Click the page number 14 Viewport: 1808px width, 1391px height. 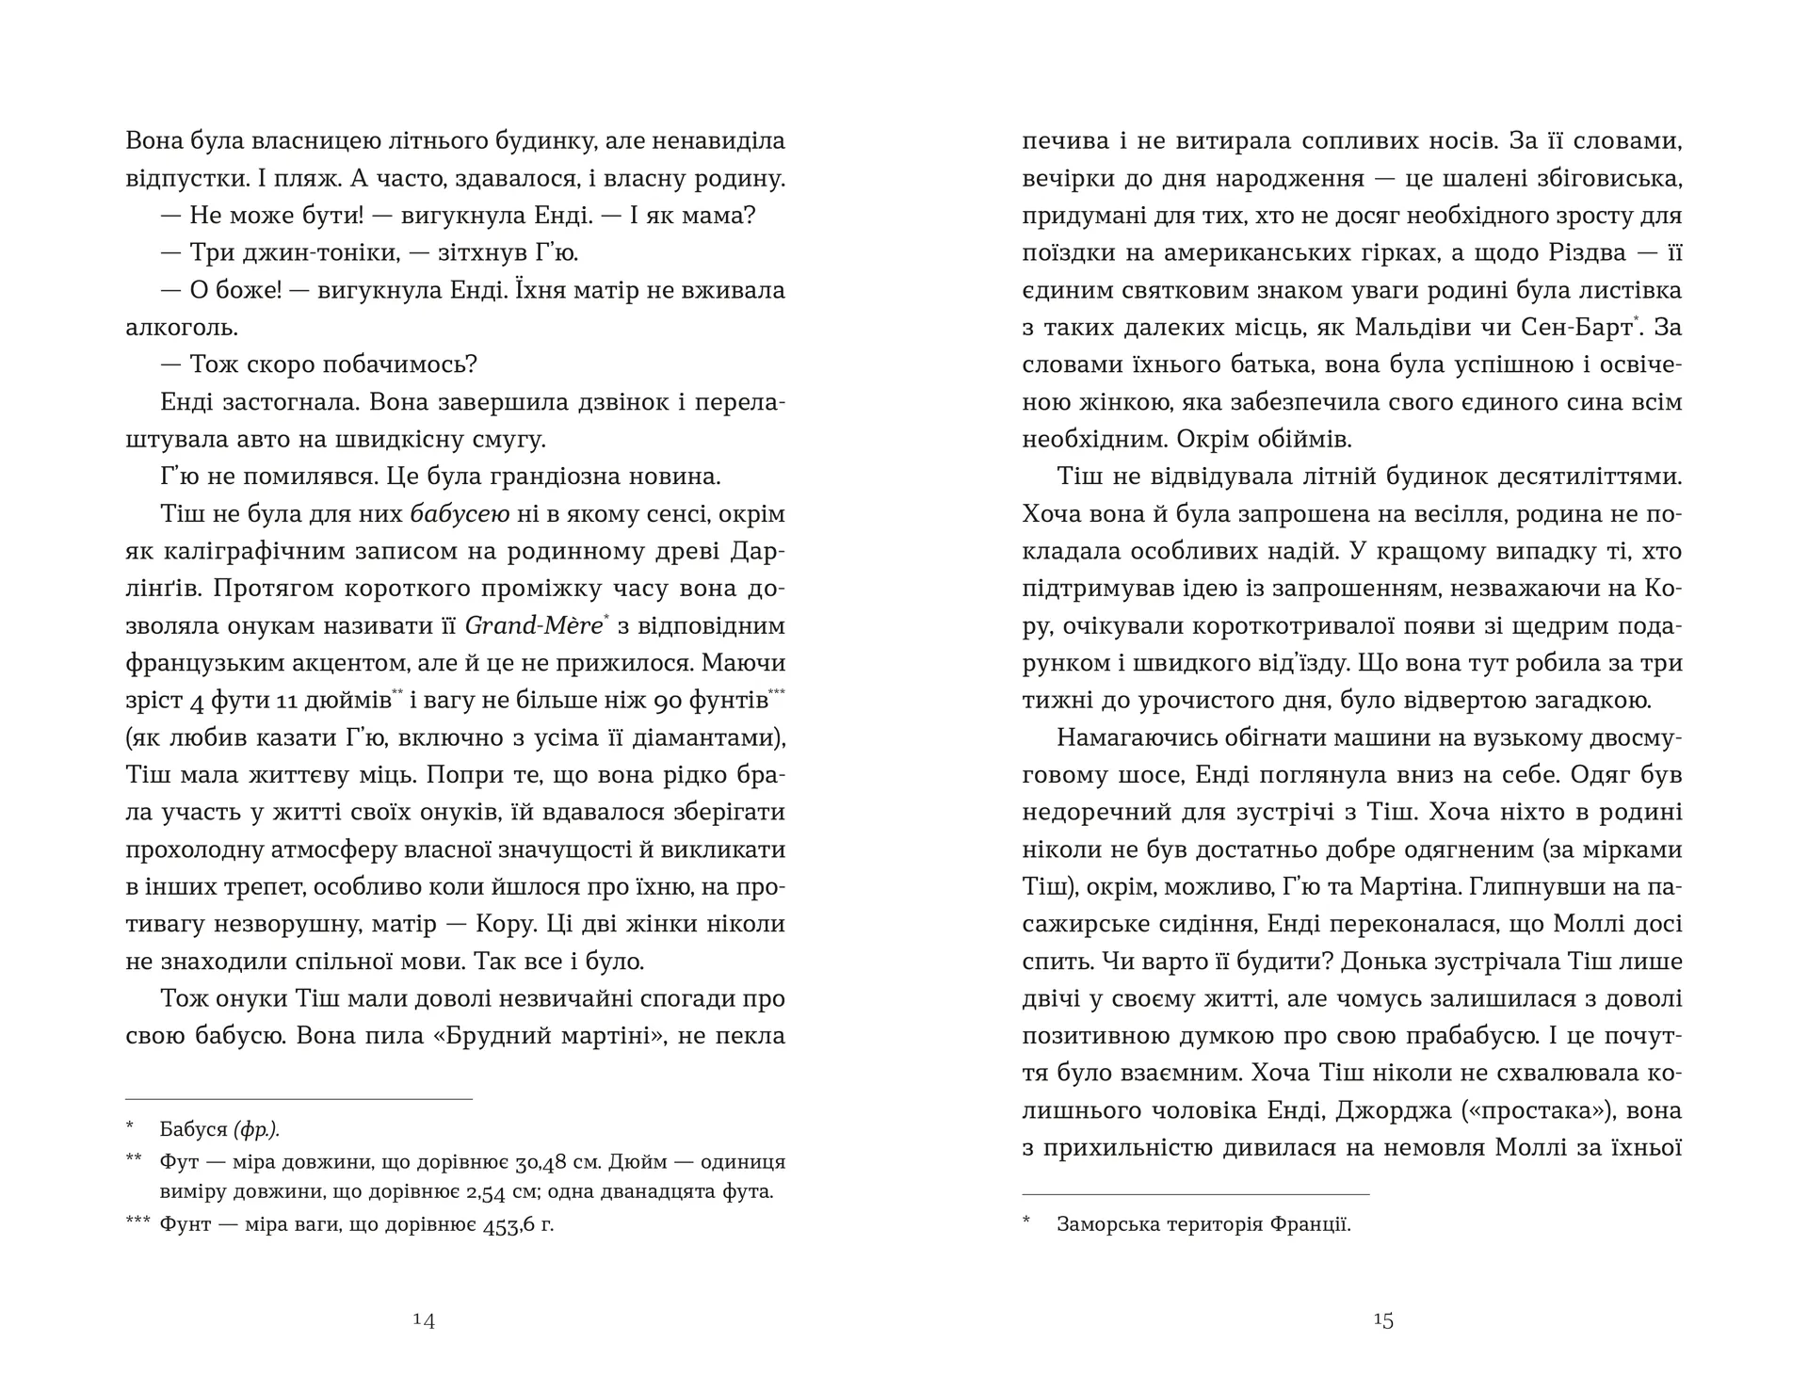pyautogui.click(x=424, y=1320)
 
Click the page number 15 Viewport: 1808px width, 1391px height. pyautogui.click(x=1382, y=1320)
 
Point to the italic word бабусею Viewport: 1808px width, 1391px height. pyautogui.click(x=460, y=515)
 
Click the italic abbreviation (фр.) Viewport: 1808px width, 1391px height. pyautogui.click(x=257, y=1129)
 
